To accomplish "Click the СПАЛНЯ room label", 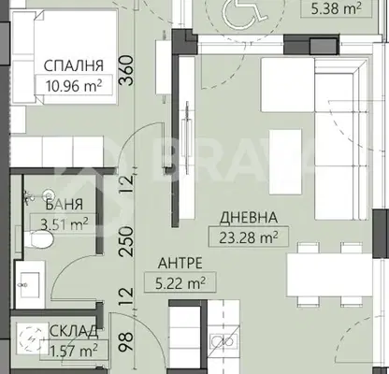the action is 73,65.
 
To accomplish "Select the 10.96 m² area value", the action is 74,85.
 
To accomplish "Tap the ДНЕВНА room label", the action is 249,218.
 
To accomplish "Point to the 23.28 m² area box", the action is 249,237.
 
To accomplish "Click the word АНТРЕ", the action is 180,263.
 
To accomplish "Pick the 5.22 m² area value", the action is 180,283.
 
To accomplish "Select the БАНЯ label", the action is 65,205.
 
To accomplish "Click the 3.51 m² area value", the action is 65,223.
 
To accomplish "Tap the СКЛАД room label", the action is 74,332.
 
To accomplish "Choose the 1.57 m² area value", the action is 74,351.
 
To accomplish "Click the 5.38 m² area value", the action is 337,8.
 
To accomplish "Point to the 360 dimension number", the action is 126,71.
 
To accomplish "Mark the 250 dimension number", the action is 126,241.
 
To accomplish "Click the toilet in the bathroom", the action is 39,239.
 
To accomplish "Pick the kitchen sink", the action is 223,341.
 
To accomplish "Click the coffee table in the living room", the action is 285,162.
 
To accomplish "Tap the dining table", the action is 329,275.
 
